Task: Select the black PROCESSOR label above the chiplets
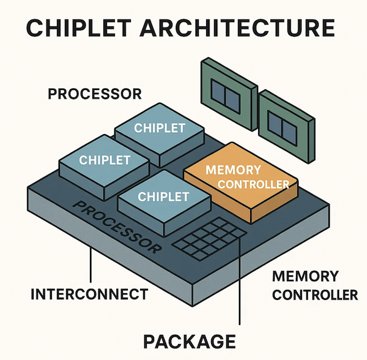[x=94, y=94]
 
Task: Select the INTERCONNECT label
[x=89, y=294]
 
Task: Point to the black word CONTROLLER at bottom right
[x=314, y=294]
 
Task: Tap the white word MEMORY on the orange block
[x=233, y=170]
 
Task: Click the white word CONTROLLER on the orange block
[x=253, y=185]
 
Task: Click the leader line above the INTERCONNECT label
[x=91, y=266]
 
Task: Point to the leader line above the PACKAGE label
[x=239, y=288]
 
